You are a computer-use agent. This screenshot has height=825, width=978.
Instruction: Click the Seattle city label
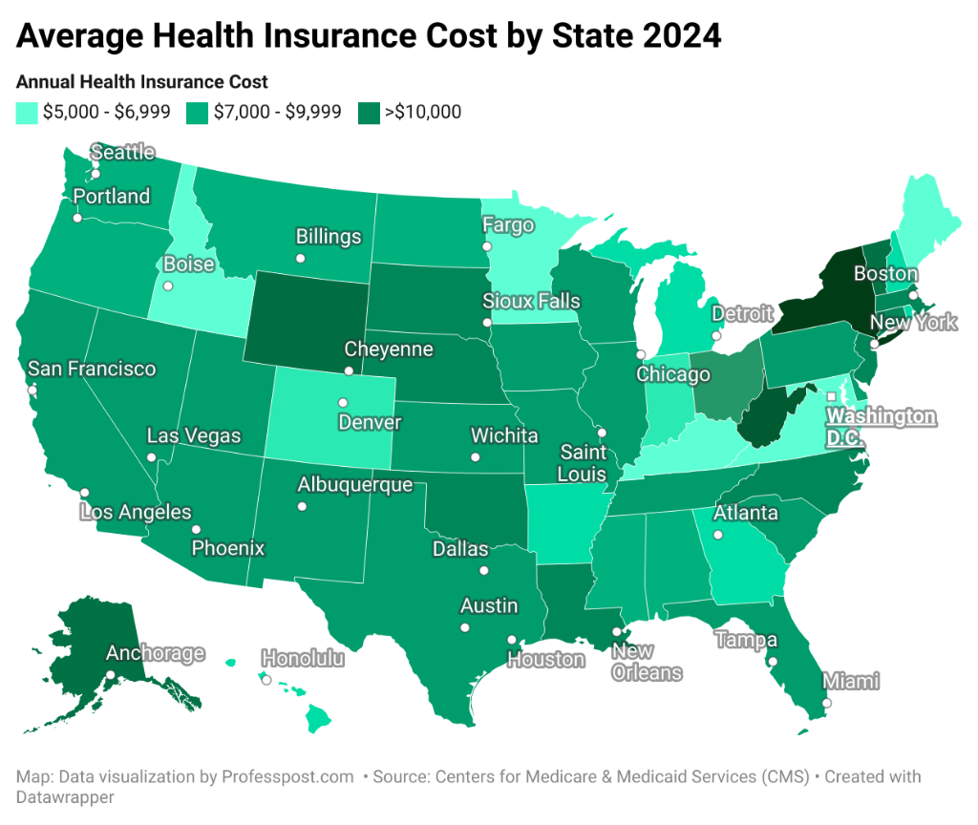122,153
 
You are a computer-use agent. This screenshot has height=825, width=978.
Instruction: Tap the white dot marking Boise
168,286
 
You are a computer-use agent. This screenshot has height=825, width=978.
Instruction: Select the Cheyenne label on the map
388,349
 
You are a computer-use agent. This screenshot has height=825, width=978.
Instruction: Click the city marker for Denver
343,402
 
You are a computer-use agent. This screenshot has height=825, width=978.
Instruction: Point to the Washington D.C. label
881,428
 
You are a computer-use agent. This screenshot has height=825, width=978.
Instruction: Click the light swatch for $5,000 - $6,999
27,113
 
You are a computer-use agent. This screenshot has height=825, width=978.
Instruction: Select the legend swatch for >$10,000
368,113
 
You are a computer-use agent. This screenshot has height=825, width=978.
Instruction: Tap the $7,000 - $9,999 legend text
277,113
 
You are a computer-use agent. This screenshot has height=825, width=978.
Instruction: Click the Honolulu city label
303,659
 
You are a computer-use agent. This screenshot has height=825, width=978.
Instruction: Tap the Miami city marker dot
827,703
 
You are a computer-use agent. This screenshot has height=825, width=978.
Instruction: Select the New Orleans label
647,663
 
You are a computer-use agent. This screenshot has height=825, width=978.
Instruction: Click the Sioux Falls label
531,302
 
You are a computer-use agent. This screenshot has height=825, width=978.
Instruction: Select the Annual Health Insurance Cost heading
142,82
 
